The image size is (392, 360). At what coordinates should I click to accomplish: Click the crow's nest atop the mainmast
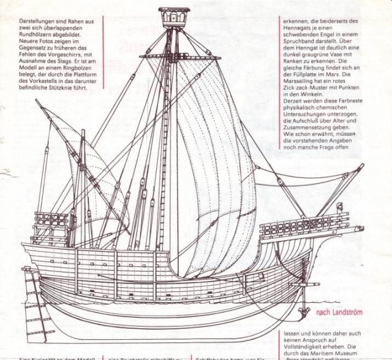(174, 18)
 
